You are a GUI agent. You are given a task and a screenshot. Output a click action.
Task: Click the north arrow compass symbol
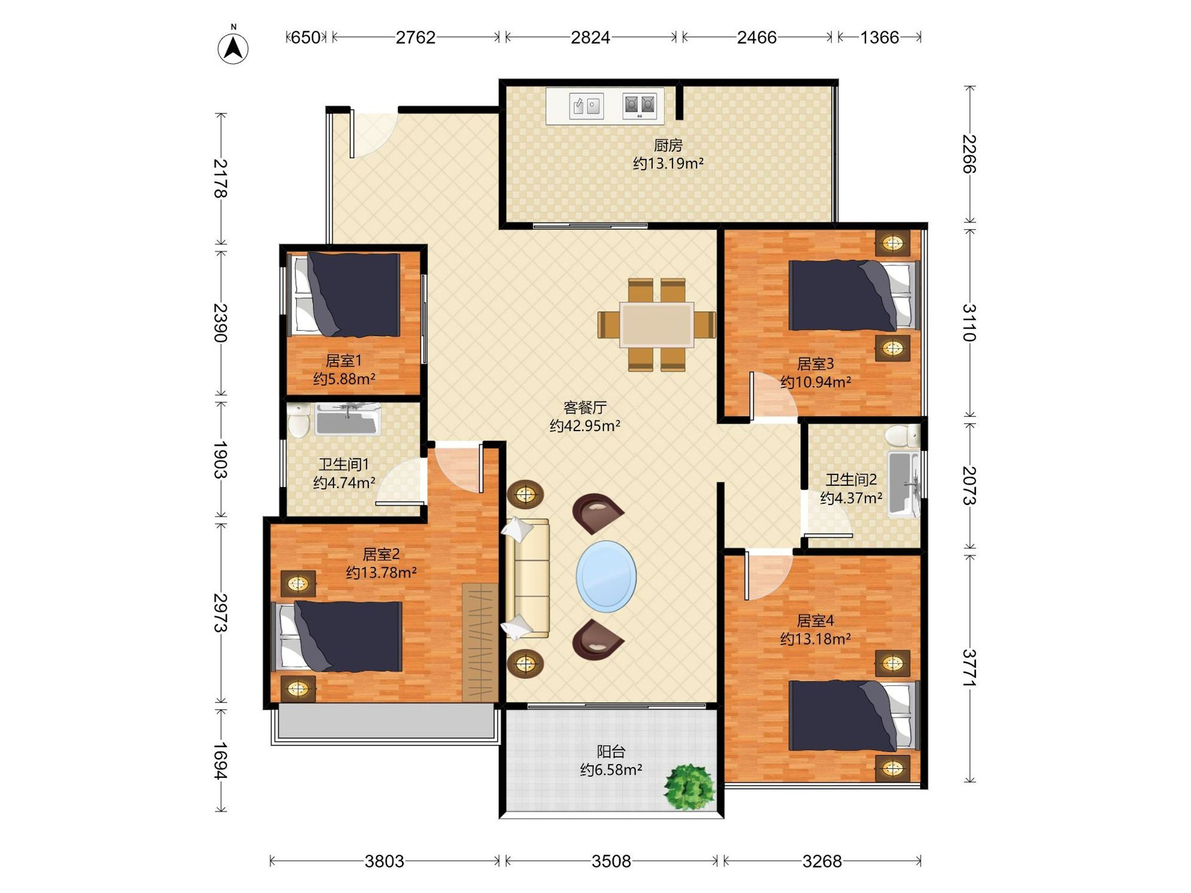233,47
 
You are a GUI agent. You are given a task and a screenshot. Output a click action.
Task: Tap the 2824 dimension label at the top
590,37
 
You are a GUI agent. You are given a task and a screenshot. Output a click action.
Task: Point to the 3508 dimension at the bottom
611,861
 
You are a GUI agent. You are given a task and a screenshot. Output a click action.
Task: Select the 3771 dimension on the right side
969,668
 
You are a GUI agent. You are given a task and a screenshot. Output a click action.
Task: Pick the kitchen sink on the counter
587,106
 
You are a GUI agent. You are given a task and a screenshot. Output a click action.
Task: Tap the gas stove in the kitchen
640,106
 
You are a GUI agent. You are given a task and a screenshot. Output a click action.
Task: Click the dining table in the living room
657,324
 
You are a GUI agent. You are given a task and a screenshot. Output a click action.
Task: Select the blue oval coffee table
606,576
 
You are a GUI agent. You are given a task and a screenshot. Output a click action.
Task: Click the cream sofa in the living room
527,578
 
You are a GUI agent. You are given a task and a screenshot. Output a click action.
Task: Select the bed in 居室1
346,295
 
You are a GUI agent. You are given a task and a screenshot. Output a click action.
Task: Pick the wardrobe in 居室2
480,642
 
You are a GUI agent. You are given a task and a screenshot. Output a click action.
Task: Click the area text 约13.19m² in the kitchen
668,163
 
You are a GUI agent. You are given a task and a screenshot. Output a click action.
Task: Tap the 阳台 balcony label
611,752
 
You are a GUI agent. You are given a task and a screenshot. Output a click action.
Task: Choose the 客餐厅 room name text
585,407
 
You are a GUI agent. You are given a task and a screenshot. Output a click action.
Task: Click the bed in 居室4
854,716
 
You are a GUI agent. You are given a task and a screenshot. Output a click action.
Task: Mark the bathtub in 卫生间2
904,484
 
